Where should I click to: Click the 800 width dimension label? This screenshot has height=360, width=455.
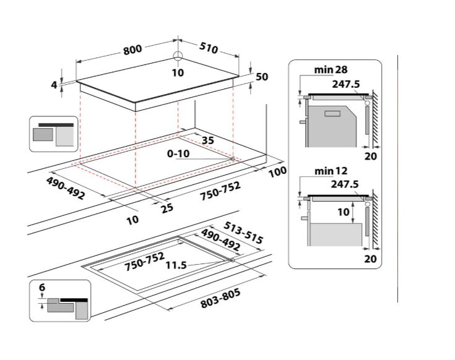pos(132,50)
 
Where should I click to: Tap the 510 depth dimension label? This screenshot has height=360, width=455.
pos(209,48)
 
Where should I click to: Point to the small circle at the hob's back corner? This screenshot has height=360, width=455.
pos(178,56)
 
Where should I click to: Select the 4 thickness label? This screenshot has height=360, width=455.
pos(54,85)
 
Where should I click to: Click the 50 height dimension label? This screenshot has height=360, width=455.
pos(262,77)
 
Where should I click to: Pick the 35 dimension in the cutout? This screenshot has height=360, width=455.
pos(208,140)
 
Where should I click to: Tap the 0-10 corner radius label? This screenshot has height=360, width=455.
pos(178,153)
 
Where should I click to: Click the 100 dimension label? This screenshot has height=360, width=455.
pos(277,171)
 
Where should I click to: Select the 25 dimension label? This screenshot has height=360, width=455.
pos(167,208)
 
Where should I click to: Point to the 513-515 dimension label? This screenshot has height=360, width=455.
pos(244,233)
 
